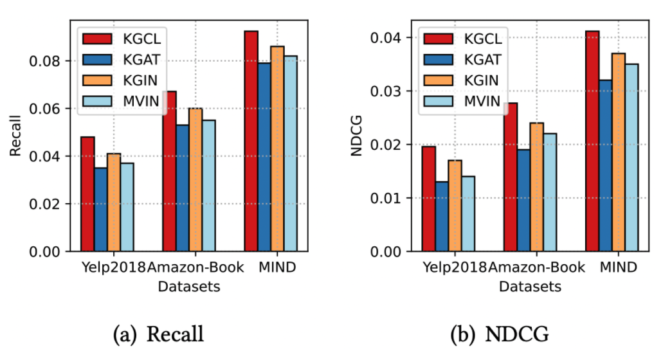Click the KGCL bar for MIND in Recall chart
tap(251, 141)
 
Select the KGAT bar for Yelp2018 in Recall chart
tap(100, 209)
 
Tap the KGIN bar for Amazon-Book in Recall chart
tap(195, 179)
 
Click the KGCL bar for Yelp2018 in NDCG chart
tap(428, 199)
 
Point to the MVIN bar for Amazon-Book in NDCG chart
tap(549, 192)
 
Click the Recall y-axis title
tap(15, 136)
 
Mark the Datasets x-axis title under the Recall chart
tap(189, 287)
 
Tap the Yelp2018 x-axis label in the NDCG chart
tap(455, 267)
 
